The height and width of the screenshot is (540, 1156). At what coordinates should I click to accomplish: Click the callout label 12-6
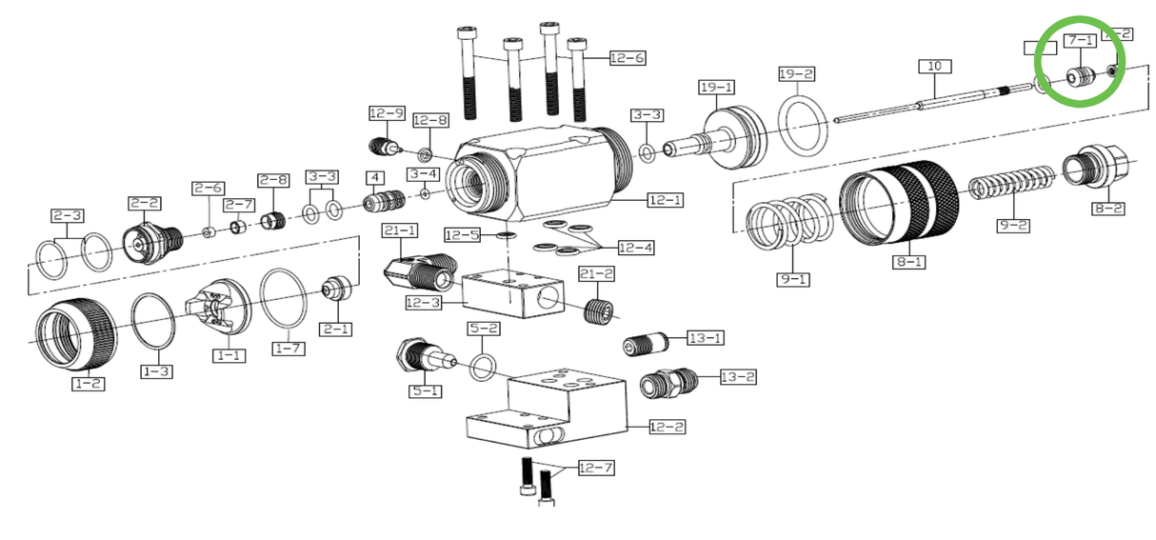pyautogui.click(x=627, y=58)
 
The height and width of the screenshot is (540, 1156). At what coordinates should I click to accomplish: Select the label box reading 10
pyautogui.click(x=934, y=67)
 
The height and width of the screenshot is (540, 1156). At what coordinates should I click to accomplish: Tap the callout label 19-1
pyautogui.click(x=716, y=87)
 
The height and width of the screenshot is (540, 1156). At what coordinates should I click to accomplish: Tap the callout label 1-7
pyautogui.click(x=289, y=349)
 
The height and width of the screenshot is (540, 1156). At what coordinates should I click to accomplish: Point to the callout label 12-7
pyautogui.click(x=597, y=468)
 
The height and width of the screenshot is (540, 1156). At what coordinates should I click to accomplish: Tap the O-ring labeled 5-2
pyautogui.click(x=483, y=366)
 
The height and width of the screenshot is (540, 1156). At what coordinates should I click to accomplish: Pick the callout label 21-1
pyautogui.click(x=400, y=230)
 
